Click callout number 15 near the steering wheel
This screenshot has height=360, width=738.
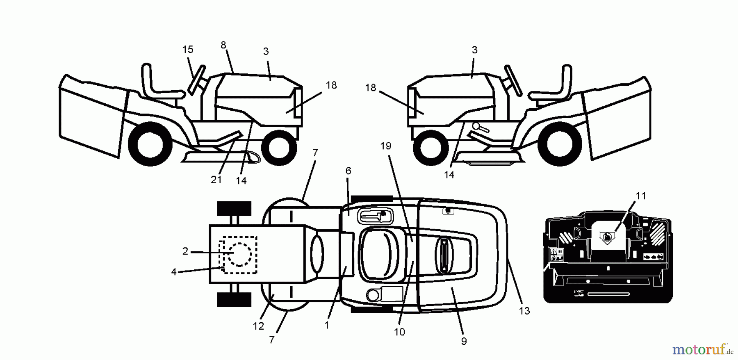tap(188, 50)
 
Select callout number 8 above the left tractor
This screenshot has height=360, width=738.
tap(223, 45)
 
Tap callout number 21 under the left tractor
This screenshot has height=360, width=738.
tap(216, 180)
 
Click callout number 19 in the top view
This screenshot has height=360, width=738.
tap(386, 146)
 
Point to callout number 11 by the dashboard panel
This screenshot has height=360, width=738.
tap(641, 196)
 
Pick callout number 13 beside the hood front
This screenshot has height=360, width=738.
tap(524, 311)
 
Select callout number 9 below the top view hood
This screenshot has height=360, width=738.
tap(464, 341)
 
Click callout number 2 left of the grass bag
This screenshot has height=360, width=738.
tap(185, 251)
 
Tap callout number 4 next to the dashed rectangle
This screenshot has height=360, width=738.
tap(174, 272)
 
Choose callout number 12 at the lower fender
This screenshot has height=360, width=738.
tap(258, 326)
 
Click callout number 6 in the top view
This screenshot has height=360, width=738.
tap(348, 171)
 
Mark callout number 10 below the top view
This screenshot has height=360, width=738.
tap(399, 332)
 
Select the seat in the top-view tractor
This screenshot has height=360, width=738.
tap(379, 253)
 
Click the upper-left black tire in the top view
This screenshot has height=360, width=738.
tap(234, 208)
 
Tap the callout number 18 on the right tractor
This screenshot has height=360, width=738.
tap(371, 88)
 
